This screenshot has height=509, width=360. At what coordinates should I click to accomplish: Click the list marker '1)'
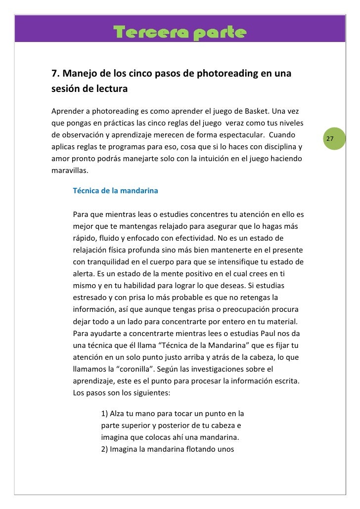click(104, 414)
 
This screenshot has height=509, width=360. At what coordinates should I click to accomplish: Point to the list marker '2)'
click(104, 450)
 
